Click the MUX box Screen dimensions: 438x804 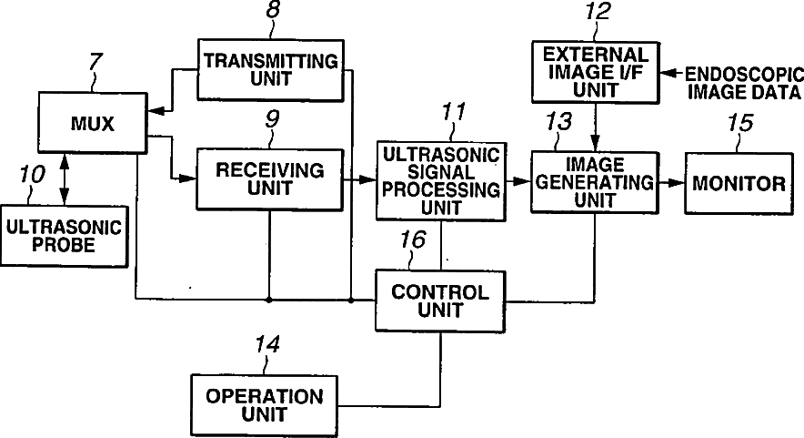[x=94, y=121]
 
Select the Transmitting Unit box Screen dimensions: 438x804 [x=270, y=69]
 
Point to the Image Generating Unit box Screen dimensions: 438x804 [x=597, y=182]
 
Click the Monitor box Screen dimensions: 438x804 [x=739, y=183]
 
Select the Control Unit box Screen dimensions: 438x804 [x=439, y=300]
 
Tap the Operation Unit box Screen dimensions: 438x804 [x=264, y=405]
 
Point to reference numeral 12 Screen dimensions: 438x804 [x=600, y=13]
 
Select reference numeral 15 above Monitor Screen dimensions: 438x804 [x=740, y=122]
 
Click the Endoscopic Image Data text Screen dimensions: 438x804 [x=742, y=82]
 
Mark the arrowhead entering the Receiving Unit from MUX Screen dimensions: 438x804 [x=189, y=178]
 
